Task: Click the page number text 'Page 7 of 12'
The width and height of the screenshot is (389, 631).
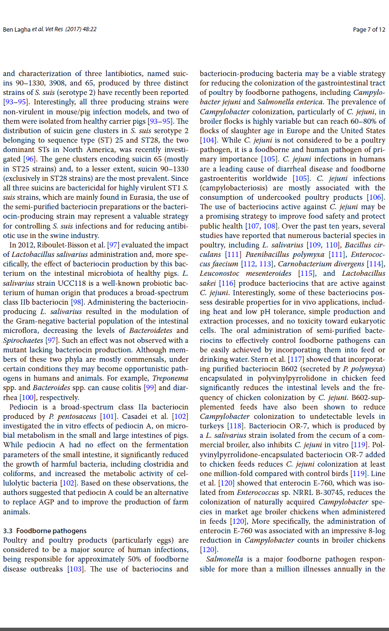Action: (x=369, y=30)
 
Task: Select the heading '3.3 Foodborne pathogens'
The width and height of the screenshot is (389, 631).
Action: (x=45, y=531)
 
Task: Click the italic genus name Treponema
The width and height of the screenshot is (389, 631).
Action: (x=170, y=378)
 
